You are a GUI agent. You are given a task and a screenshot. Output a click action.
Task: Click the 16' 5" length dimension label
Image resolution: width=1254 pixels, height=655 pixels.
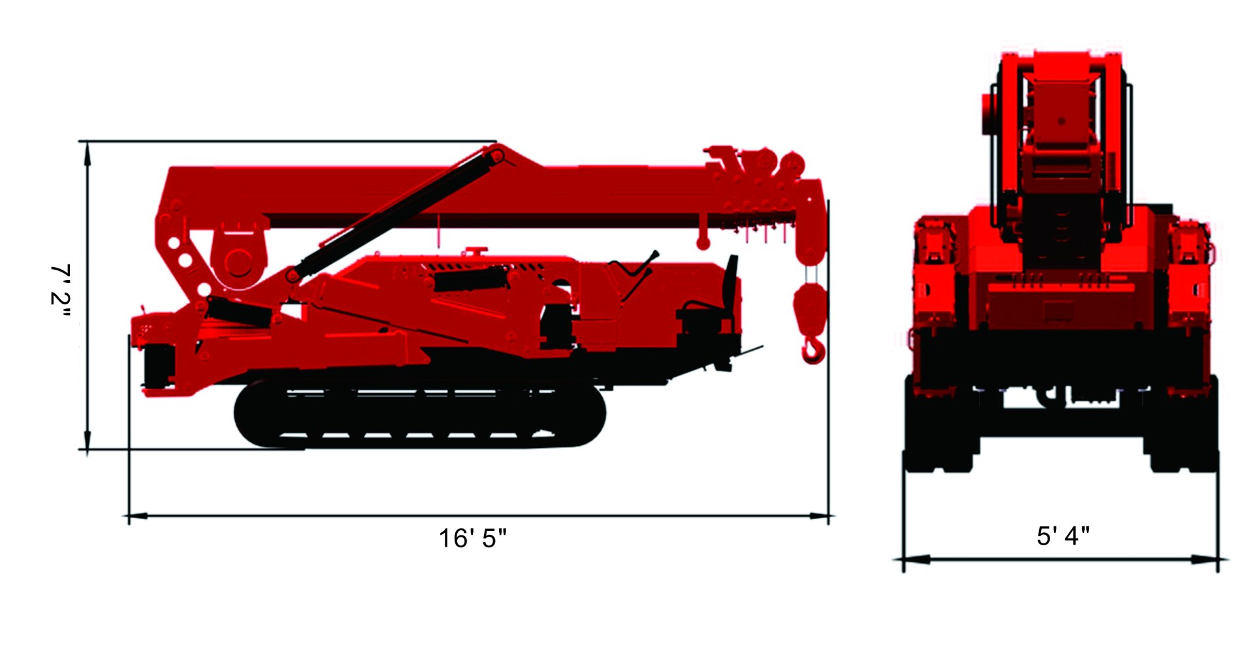point(472,539)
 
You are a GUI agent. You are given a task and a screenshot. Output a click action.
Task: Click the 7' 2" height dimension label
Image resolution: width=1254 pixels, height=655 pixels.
point(61,293)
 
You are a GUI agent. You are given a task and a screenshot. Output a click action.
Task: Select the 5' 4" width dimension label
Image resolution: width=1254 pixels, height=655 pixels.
point(1063,535)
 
